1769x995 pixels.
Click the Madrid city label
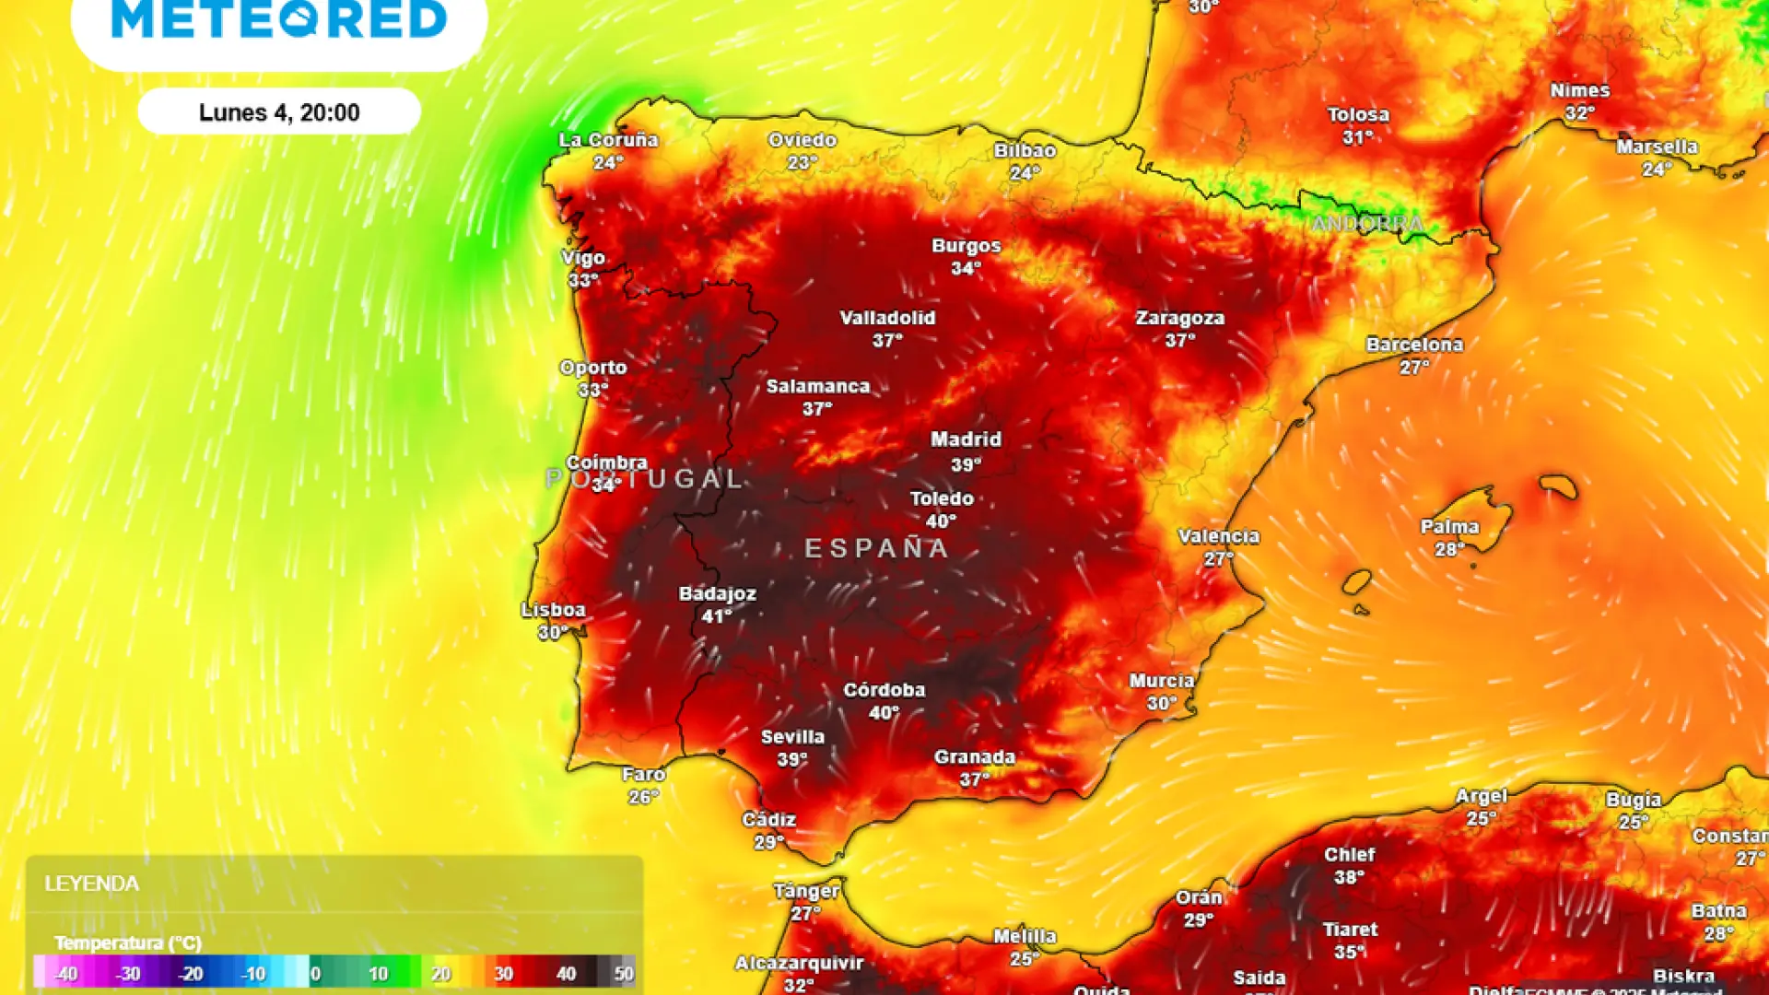966,440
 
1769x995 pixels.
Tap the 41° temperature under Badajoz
717,616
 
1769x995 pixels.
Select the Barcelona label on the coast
1414,345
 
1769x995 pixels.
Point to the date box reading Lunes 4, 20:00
279,112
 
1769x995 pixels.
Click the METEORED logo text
279,19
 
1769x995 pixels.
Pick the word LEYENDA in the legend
92,884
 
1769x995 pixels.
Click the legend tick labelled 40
566,974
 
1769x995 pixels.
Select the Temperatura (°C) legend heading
128,942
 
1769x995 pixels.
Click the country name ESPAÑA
877,549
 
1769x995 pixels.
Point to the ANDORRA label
1367,224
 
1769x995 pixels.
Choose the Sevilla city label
792,737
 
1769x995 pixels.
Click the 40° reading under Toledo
941,521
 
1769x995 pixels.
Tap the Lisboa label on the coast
553,610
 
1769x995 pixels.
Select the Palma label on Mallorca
1449,527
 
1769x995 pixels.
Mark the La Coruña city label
608,140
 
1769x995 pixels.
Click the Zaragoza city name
1179,318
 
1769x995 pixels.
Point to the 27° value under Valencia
1218,559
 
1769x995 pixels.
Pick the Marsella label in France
1657,146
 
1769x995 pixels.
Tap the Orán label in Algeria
1199,897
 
